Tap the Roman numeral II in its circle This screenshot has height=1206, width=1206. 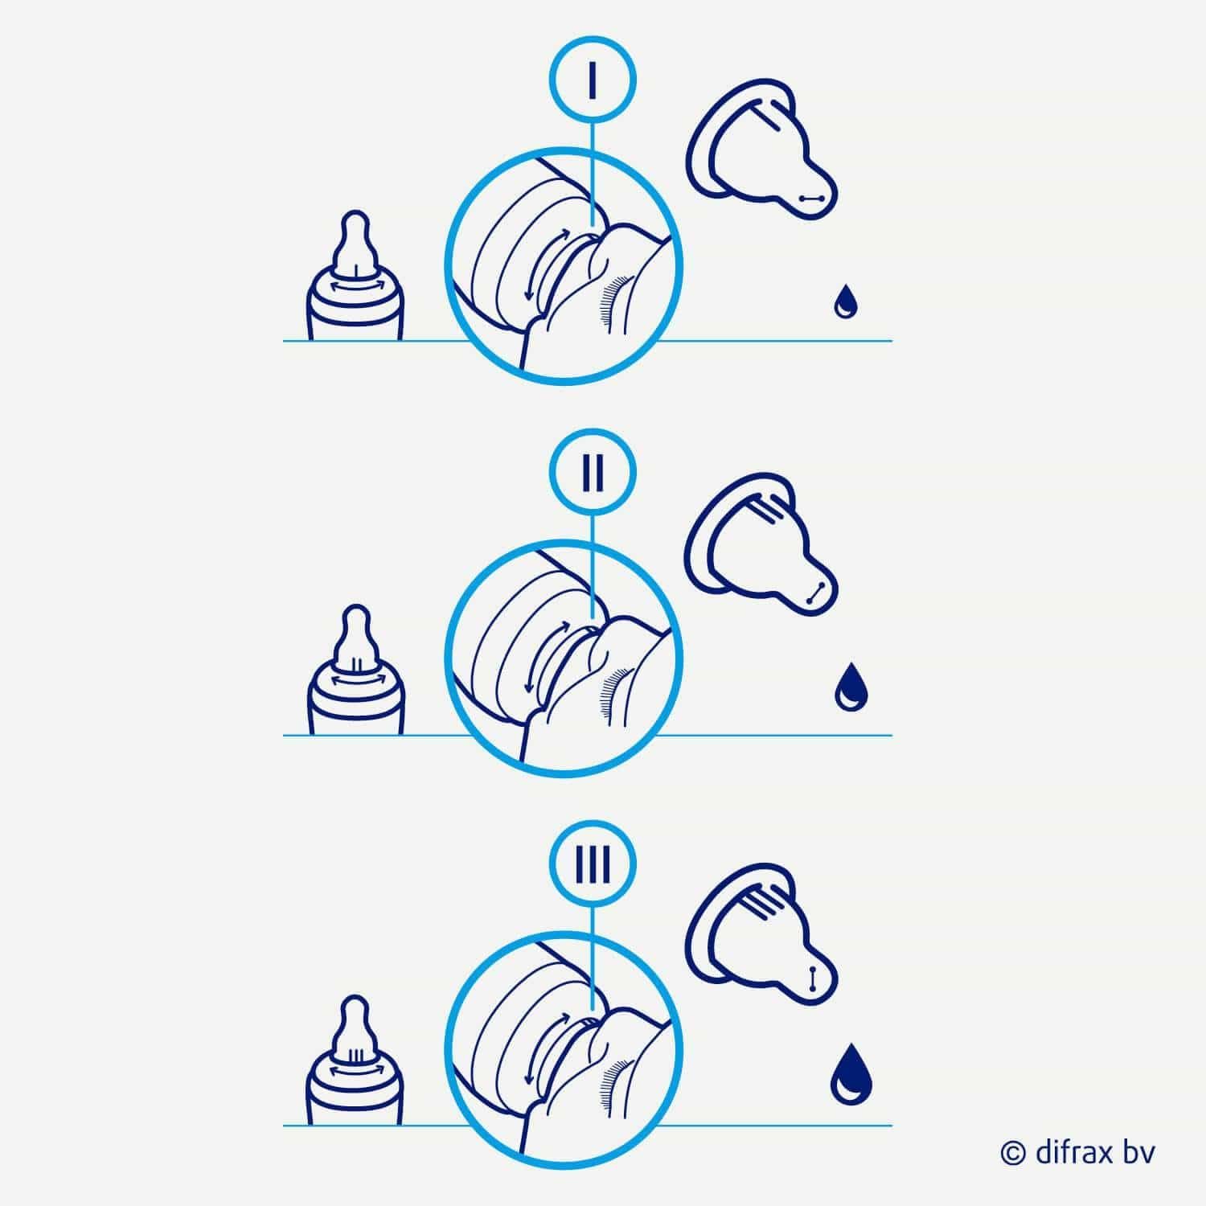[592, 473]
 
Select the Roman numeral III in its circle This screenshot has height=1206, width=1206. [593, 866]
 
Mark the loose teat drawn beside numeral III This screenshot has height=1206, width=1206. [760, 940]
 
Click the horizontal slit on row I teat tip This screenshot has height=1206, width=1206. [811, 197]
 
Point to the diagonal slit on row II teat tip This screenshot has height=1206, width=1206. [814, 593]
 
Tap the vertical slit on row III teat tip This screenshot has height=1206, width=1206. [812, 979]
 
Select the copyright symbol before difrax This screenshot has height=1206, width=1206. [1013, 1153]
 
